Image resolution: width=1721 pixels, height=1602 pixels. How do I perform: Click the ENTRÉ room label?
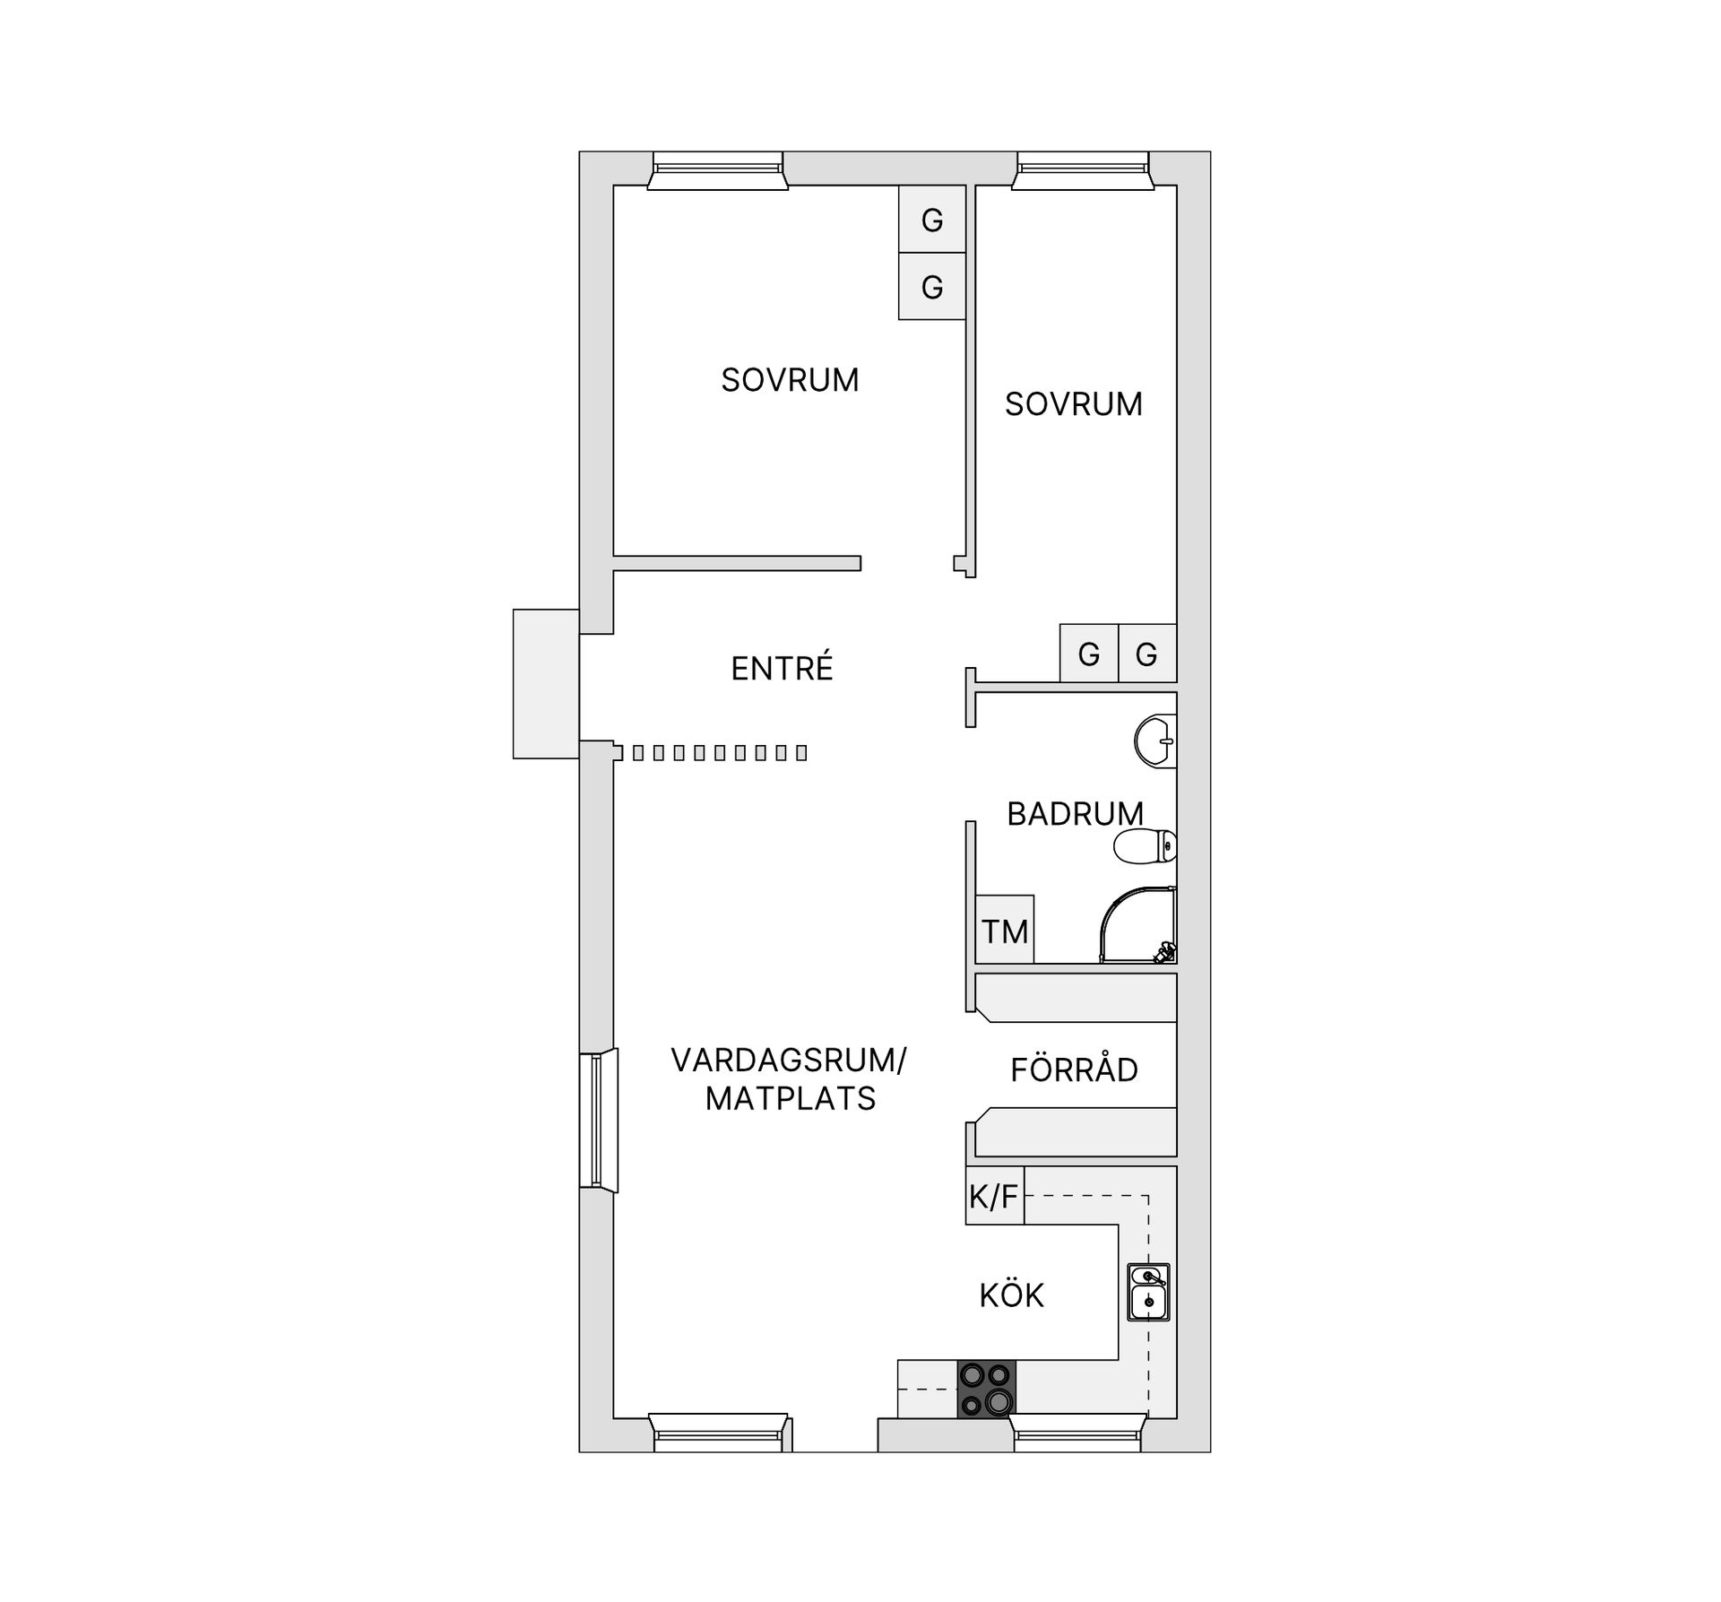(x=782, y=669)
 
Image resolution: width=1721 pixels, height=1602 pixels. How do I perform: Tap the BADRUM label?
(x=1075, y=814)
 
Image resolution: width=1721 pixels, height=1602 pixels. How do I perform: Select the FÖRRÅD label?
(x=1074, y=1069)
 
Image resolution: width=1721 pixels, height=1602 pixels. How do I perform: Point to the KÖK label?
(x=1011, y=1295)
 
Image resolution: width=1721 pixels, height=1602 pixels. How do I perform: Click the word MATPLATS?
(x=790, y=1099)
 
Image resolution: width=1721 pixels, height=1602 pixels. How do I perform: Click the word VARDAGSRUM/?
(x=788, y=1061)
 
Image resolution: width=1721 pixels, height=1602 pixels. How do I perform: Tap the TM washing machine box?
(x=1004, y=931)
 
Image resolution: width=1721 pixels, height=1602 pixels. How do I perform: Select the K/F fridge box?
(x=994, y=1196)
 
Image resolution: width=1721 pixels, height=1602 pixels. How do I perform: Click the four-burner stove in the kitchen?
(x=986, y=1389)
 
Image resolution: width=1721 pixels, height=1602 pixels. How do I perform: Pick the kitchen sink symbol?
(x=1148, y=1292)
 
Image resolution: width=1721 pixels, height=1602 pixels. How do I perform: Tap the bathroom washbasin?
(x=1156, y=741)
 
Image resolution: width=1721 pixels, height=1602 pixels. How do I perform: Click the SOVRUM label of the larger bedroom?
(x=790, y=380)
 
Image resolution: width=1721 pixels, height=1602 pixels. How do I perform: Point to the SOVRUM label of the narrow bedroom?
(x=1073, y=404)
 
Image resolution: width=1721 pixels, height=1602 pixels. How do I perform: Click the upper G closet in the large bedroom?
(x=932, y=220)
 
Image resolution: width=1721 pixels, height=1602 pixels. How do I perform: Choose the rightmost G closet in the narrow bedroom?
(x=1146, y=654)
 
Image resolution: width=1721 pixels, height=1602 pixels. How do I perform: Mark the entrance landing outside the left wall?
(x=546, y=684)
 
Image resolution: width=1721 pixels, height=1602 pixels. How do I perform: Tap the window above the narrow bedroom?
(x=1083, y=170)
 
